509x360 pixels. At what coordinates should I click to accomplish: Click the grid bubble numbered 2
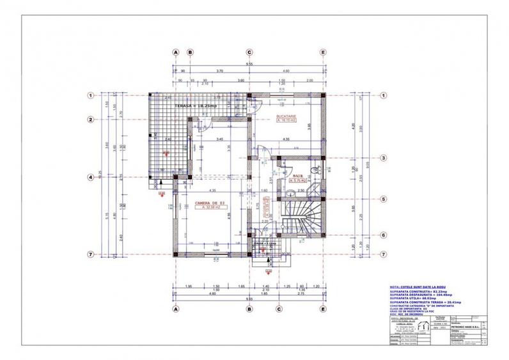(x=91, y=120)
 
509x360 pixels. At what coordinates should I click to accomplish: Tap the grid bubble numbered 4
(x=91, y=177)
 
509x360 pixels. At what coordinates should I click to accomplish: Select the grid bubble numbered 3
(x=383, y=158)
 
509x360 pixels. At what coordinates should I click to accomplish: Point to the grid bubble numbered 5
(x=383, y=198)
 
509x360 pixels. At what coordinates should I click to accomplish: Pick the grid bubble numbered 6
(x=383, y=235)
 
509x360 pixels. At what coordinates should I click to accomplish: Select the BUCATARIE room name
(x=286, y=116)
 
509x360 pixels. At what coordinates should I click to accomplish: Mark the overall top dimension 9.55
(x=249, y=65)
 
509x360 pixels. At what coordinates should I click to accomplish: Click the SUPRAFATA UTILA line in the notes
(x=413, y=298)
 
